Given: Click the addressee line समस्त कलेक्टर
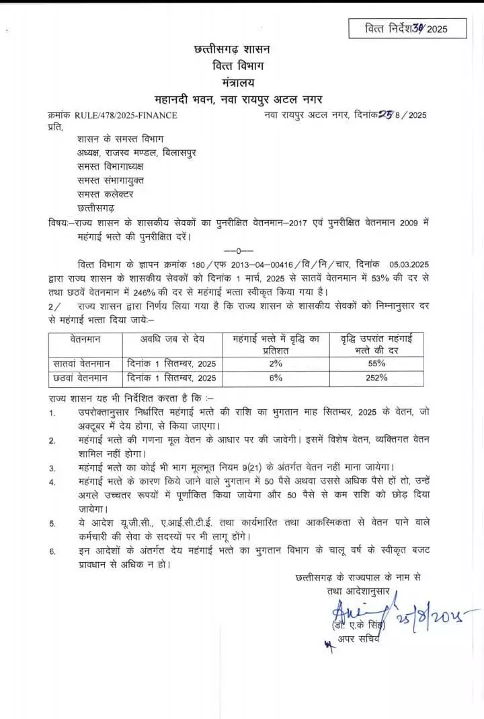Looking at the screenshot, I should pyautogui.click(x=105, y=194).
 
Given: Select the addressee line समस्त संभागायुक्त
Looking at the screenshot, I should pyautogui.click(x=110, y=180).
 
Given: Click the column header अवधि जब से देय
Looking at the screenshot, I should pyautogui.click(x=172, y=338).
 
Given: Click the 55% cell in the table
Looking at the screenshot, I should pyautogui.click(x=376, y=363).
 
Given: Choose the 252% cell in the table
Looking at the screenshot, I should pyautogui.click(x=376, y=378).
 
